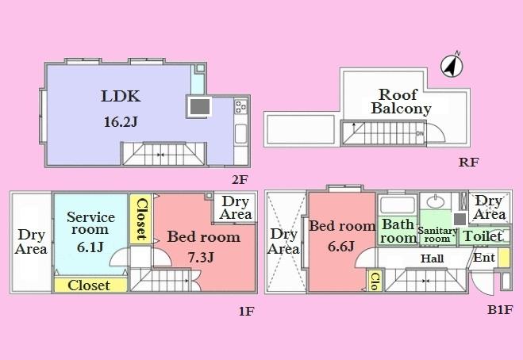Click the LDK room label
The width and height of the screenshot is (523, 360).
121,97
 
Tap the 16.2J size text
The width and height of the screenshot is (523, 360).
121,123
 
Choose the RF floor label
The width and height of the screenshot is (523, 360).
468,163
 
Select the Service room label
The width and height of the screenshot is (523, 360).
90,223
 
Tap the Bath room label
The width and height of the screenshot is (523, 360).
398,231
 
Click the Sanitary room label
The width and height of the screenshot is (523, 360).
438,234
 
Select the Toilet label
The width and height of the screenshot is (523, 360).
483,236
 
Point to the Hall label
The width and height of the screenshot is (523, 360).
433,259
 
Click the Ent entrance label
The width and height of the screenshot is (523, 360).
484,258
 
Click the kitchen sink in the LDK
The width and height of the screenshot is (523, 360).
241,132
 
